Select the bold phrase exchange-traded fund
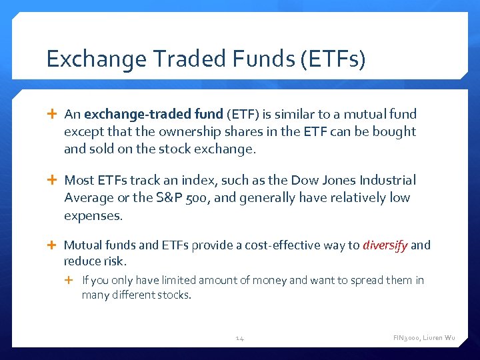[155, 115]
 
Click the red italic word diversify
[385, 245]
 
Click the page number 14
[240, 339]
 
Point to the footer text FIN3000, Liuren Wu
[424, 339]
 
